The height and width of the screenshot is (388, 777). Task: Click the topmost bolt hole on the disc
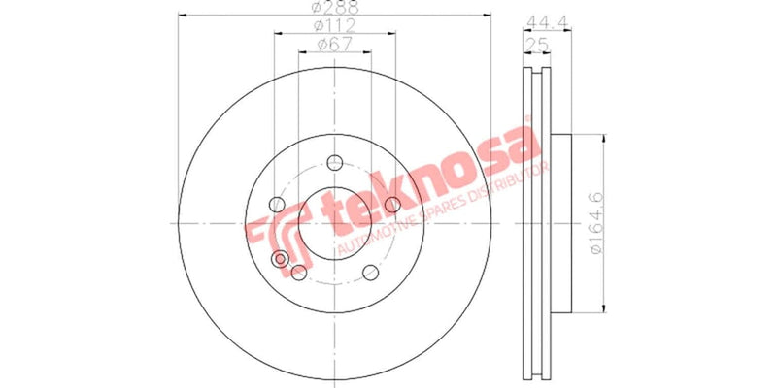(x=335, y=162)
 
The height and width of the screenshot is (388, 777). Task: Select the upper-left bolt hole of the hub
(x=277, y=205)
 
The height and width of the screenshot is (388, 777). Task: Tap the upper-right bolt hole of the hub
(x=393, y=205)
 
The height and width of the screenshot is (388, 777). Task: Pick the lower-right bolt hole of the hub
(x=371, y=273)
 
